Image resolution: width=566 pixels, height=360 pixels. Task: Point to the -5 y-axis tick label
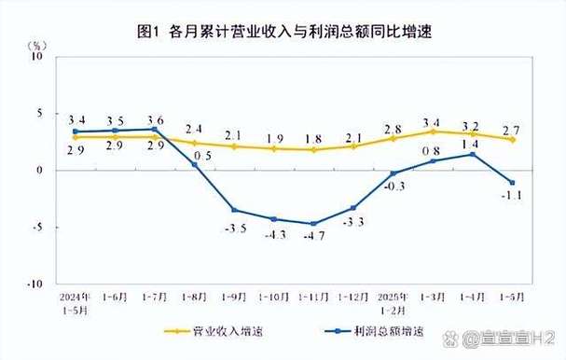(x=39, y=227)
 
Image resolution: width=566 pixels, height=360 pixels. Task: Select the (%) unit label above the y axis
(x=38, y=44)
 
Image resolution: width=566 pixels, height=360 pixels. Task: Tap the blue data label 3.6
(x=155, y=119)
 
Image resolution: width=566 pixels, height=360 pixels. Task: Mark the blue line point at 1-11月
(x=314, y=224)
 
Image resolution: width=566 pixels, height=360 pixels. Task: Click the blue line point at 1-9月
(x=235, y=210)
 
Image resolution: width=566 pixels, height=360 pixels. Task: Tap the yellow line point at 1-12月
(x=353, y=146)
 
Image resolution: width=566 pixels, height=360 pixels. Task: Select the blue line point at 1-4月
(x=473, y=154)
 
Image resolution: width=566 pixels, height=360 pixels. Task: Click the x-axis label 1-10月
(x=274, y=296)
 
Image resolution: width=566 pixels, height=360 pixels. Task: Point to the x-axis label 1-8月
(x=195, y=296)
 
